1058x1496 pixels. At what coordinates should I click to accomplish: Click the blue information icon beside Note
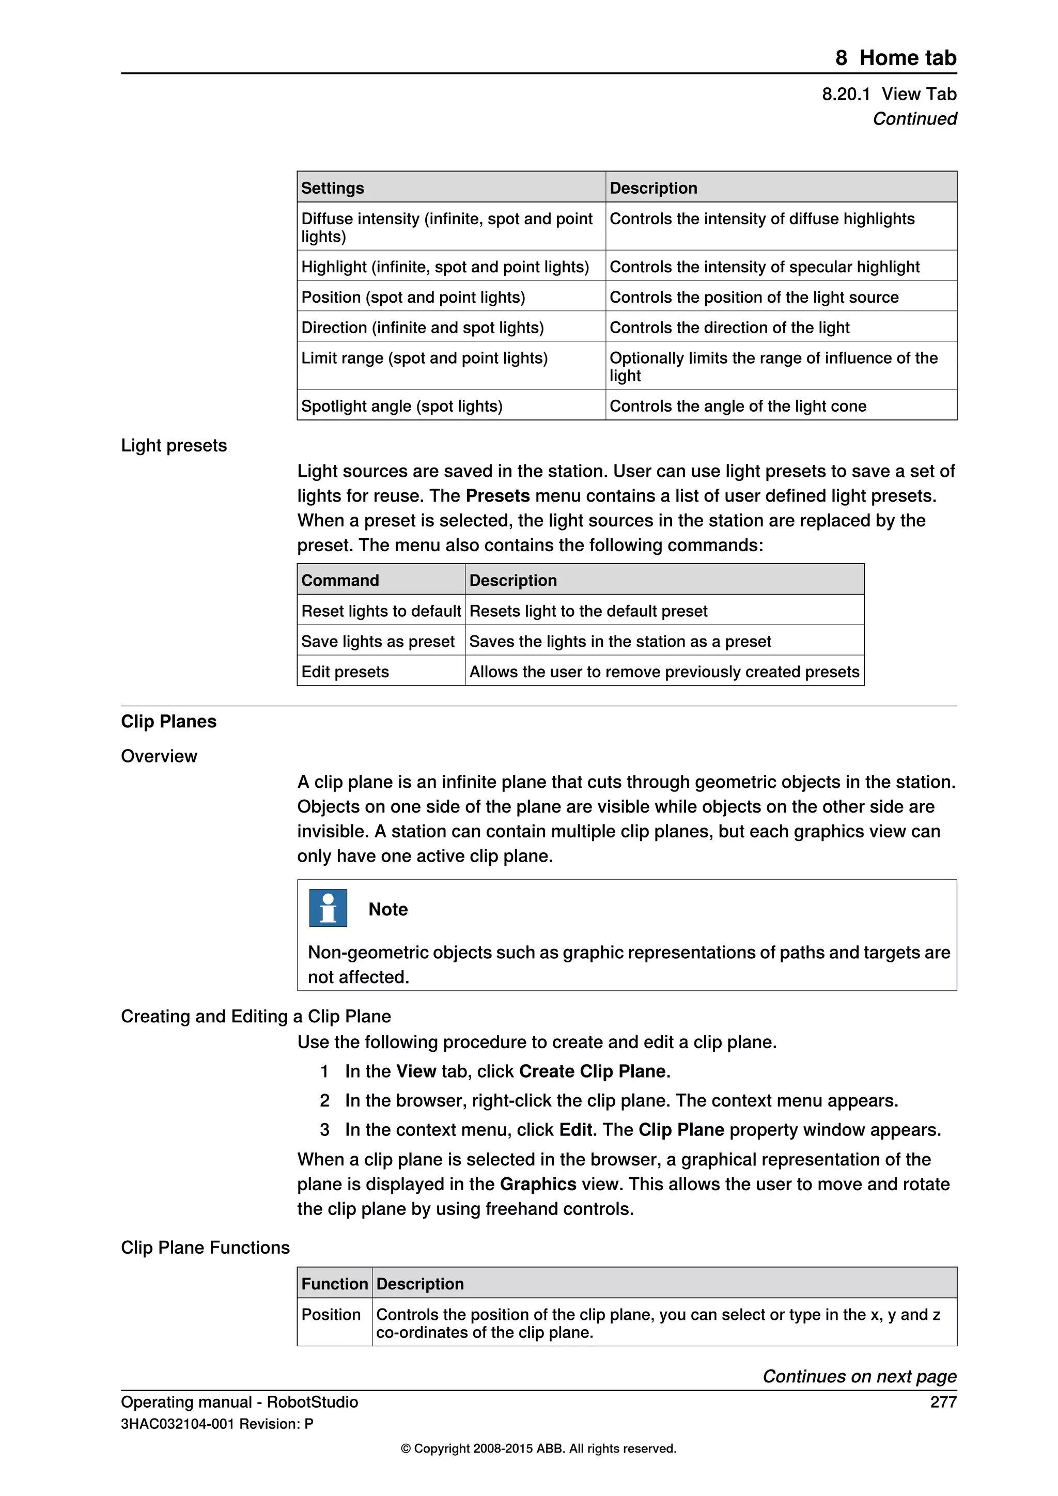pos(328,908)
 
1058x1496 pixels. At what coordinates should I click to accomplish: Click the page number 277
pos(943,1401)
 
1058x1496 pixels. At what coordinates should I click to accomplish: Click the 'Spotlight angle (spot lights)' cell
pos(401,406)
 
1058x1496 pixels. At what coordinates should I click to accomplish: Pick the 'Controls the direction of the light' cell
pos(729,328)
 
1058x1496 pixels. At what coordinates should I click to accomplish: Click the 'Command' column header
pos(339,580)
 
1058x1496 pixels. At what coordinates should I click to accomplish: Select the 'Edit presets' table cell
pos(345,672)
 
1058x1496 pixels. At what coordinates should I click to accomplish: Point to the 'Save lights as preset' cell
pos(377,641)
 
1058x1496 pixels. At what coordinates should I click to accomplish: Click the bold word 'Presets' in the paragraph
pos(497,496)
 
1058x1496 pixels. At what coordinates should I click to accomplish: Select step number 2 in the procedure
pos(324,1100)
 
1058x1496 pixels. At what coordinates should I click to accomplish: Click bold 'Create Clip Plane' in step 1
pos(592,1071)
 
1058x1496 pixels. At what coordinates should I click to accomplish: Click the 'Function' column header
pos(334,1284)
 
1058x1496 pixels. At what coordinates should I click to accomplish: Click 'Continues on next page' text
pos(859,1376)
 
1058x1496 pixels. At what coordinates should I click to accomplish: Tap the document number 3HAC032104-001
pos(177,1424)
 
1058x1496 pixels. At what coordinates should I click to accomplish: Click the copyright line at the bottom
pos(538,1448)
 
